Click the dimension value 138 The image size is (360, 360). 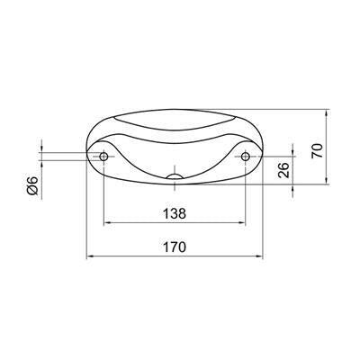click(x=175, y=214)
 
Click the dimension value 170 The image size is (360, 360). click(x=175, y=247)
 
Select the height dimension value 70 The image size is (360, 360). click(x=317, y=151)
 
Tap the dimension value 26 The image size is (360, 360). click(x=283, y=170)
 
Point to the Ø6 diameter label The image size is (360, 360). click(x=32, y=185)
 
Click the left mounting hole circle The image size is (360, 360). click(x=103, y=157)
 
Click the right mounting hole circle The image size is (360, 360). click(x=246, y=157)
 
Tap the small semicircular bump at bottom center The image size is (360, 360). click(x=175, y=176)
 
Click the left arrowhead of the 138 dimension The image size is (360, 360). click(x=107, y=222)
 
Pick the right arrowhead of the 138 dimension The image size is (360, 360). click(x=242, y=222)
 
